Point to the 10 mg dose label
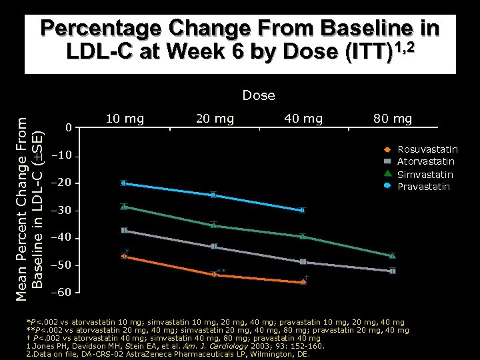pyautogui.click(x=125, y=119)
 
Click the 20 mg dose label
pyautogui.click(x=215, y=119)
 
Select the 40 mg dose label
pyautogui.click(x=303, y=119)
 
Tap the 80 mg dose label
pyautogui.click(x=393, y=119)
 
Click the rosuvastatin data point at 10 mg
pyautogui.click(x=124, y=256)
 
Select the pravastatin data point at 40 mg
pyautogui.click(x=303, y=210)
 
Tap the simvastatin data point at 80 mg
pyautogui.click(x=392, y=255)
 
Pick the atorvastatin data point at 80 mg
pyautogui.click(x=393, y=271)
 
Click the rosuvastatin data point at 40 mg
pyautogui.click(x=303, y=282)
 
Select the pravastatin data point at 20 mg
pyautogui.click(x=213, y=195)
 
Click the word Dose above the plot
pyautogui.click(x=259, y=95)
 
